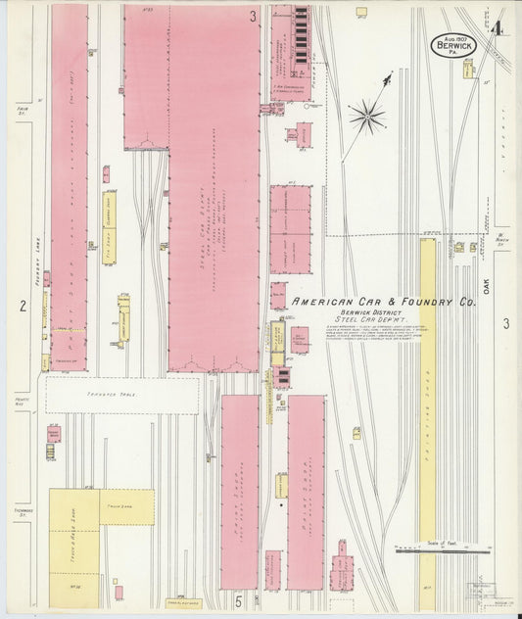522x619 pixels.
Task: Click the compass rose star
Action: [367, 118]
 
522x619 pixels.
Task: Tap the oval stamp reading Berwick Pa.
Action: [450, 44]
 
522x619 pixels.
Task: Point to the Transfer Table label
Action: [121, 382]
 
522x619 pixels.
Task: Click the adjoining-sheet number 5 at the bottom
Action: [237, 597]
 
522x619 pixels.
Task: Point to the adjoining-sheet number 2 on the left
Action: [22, 306]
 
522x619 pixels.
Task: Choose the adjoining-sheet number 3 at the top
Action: [253, 16]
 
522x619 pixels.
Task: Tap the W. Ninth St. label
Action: [500, 237]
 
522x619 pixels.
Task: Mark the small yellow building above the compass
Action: [360, 13]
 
